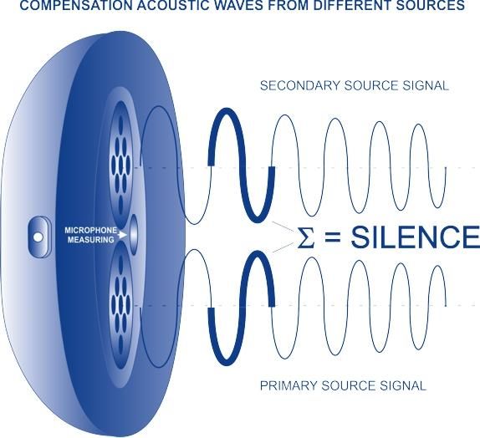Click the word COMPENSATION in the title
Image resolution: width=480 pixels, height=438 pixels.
point(77,5)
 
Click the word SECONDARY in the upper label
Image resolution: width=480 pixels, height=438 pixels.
point(300,85)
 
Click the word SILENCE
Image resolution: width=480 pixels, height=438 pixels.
point(415,237)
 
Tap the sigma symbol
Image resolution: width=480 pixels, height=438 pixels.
point(305,238)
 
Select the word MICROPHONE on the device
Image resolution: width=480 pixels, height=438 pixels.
point(91,230)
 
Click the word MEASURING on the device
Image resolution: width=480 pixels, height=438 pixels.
point(91,240)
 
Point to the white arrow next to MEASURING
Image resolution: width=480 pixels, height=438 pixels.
point(123,235)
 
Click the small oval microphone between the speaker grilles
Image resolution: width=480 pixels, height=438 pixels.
point(134,235)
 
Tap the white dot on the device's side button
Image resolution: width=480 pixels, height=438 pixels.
point(38,237)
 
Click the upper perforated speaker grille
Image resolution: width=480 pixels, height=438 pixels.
point(120,166)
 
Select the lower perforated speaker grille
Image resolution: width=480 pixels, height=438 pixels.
point(120,304)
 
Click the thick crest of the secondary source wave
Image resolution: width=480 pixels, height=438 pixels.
point(227,111)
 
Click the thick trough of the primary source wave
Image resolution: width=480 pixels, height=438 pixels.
point(227,362)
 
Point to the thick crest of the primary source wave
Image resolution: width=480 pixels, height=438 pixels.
point(258,255)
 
